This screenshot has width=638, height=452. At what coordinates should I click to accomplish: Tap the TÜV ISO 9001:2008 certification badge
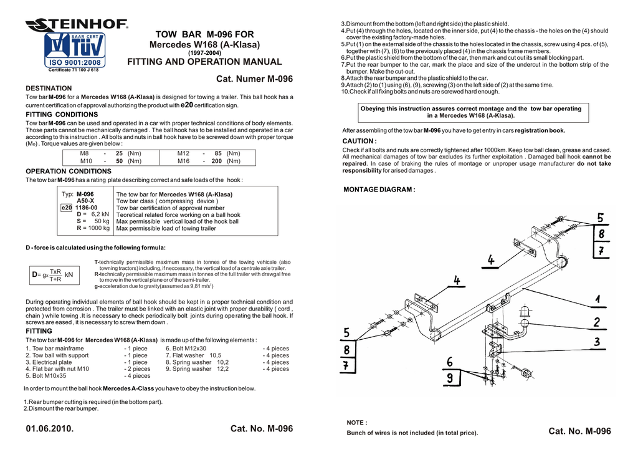tap(74, 51)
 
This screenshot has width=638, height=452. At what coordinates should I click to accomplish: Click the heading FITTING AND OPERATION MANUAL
tap(204, 62)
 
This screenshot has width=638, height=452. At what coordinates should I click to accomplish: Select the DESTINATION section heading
tap(49, 89)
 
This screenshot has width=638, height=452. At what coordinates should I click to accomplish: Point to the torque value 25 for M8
tap(118, 153)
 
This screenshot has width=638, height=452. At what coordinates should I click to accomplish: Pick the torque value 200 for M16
tap(216, 161)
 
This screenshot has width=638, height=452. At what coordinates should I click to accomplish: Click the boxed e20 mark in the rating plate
tap(66, 208)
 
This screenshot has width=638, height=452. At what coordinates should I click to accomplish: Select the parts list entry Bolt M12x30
tap(186, 348)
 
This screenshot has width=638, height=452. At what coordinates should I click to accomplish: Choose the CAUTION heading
tap(359, 141)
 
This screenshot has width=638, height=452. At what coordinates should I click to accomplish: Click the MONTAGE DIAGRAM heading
tap(379, 190)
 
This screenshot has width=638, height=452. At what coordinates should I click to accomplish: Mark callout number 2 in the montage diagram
tap(597, 322)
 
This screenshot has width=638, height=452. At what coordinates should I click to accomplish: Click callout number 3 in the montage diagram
tap(597, 342)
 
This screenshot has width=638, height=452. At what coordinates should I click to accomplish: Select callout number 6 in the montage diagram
tap(450, 362)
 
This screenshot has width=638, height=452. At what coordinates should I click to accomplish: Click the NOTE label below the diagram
tap(356, 422)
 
